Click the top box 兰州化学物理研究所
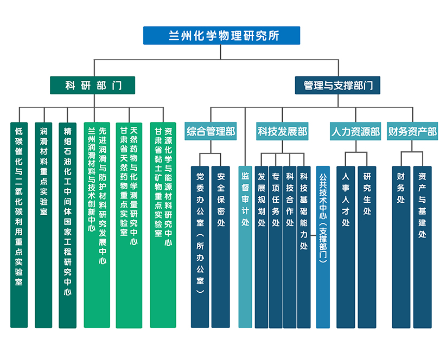coord(221,36)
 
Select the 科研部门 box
coord(92,85)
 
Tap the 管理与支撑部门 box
coord(337,85)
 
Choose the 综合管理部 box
coord(211,131)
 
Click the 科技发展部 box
coord(282,131)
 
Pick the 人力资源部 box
coord(355,131)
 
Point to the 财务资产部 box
coord(412,131)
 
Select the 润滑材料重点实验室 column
coord(43,225)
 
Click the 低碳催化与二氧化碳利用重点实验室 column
coord(19,225)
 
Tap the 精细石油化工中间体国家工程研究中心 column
coord(67,226)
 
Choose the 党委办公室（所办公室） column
coord(200,247)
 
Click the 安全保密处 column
coord(221,247)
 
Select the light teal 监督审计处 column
coord(245,247)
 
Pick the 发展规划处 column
coord(262,247)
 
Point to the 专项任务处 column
coord(276,247)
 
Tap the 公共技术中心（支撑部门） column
coord(323,247)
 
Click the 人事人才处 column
coord(346,247)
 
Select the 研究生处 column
coord(367,247)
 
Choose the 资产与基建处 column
coord(422,247)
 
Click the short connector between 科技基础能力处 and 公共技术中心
coord(314,235)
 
